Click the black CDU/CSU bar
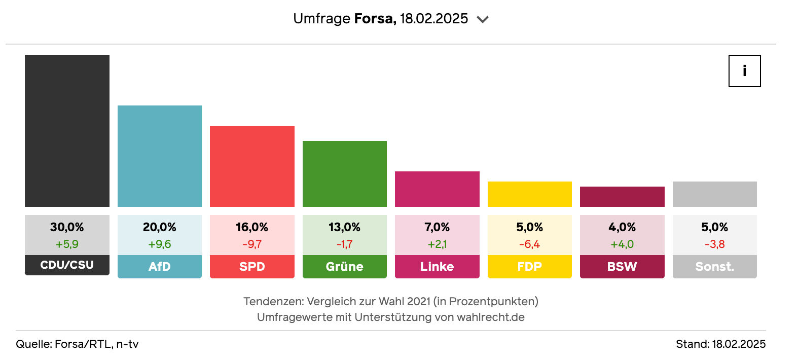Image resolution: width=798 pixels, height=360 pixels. (x=67, y=131)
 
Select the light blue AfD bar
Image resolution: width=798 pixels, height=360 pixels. (x=160, y=156)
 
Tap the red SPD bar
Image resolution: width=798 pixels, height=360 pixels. (x=252, y=166)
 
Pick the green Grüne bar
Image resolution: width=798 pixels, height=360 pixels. (x=345, y=174)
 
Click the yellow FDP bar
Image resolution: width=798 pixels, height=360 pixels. (x=530, y=194)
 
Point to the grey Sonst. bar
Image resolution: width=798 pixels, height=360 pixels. (x=715, y=194)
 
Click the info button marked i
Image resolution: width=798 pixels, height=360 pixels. (x=744, y=71)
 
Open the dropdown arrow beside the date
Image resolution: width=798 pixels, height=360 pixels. (x=483, y=19)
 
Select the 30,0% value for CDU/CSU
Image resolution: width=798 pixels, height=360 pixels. (x=67, y=227)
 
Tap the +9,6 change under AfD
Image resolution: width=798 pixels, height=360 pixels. (x=160, y=244)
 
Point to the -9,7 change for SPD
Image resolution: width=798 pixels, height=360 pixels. (x=252, y=244)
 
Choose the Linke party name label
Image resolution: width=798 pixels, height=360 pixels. (x=437, y=267)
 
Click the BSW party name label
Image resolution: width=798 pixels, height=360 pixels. (x=622, y=267)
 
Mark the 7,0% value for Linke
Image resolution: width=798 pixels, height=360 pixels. (x=437, y=227)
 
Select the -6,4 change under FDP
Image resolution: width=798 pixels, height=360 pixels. (x=530, y=244)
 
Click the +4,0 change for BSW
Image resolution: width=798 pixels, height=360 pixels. (x=622, y=244)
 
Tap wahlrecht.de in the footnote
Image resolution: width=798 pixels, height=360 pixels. (x=490, y=317)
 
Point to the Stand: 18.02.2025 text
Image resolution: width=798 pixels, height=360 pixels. (x=720, y=344)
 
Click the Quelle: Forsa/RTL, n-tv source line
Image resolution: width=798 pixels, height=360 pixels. (x=77, y=344)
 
